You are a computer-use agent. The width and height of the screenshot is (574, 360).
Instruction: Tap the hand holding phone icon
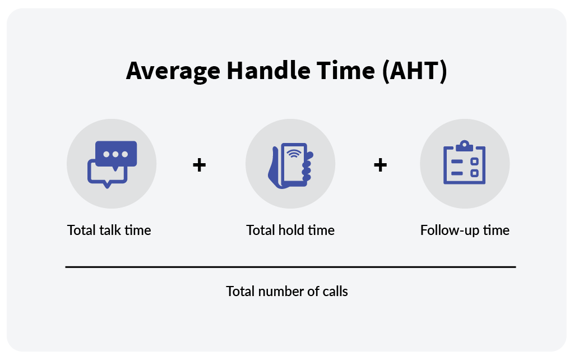(290, 165)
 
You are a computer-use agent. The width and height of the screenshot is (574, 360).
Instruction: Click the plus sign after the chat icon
(199, 165)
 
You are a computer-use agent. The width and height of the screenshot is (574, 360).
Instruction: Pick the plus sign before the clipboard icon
(380, 165)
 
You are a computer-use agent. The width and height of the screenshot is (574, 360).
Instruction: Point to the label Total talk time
(109, 230)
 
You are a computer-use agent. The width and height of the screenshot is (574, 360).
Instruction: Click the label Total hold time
(290, 230)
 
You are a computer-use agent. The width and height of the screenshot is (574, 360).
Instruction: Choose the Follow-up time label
(465, 230)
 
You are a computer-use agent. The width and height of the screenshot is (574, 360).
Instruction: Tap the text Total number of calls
(287, 292)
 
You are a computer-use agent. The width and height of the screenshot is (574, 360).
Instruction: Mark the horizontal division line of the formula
(290, 267)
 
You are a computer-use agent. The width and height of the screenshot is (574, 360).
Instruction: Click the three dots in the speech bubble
(116, 154)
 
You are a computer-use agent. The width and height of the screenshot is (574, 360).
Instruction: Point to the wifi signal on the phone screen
(293, 153)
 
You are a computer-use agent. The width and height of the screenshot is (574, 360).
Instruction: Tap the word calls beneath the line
(335, 292)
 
